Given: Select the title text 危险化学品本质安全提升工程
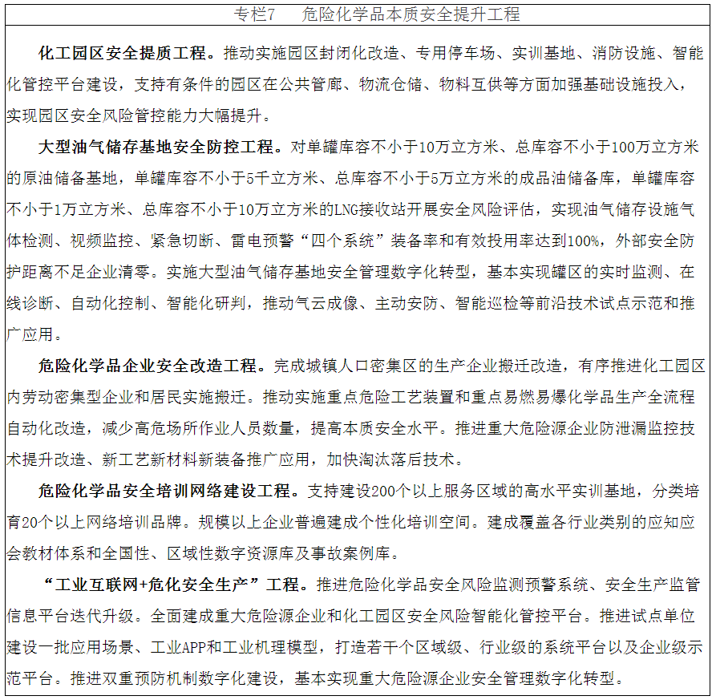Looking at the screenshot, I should (411, 14).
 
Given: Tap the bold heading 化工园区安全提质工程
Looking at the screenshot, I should (126, 54).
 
